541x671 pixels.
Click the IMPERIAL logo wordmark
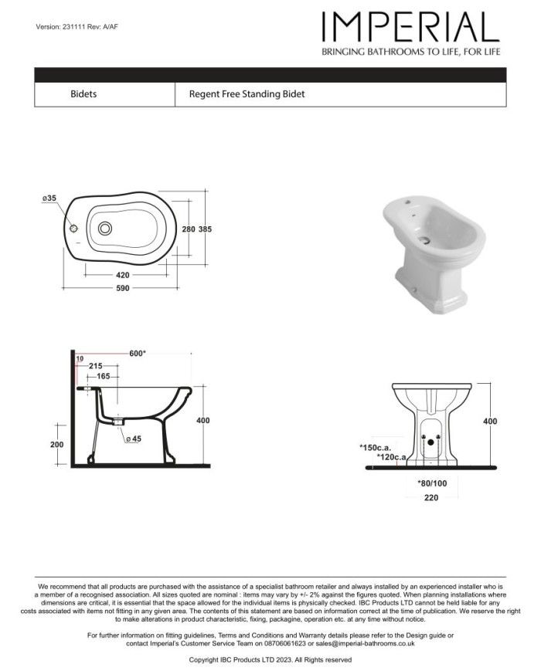(410, 28)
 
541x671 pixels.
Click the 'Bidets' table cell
(83, 94)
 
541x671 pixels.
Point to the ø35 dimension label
(49, 199)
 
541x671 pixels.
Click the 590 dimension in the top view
(123, 287)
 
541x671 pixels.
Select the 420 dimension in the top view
(123, 275)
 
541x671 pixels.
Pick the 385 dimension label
(205, 229)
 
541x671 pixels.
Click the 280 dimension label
(188, 229)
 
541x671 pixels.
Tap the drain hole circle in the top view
(105, 229)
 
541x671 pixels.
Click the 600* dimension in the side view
(138, 354)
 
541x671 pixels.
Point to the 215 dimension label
(96, 365)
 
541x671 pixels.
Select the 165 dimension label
(103, 376)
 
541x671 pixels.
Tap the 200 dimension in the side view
(56, 446)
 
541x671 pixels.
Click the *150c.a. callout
(376, 447)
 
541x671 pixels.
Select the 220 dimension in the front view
(431, 498)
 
